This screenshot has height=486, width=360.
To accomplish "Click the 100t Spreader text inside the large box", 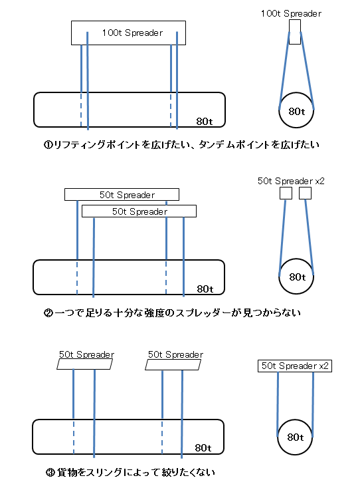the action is point(132,33).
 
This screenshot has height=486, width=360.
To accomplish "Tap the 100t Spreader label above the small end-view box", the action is point(291,14).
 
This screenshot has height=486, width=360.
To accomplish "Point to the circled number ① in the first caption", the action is point(48,145).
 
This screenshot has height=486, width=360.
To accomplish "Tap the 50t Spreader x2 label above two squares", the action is point(291,181).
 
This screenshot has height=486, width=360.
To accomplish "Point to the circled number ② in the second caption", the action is point(48,313).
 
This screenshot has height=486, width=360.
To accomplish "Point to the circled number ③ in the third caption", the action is point(50,473).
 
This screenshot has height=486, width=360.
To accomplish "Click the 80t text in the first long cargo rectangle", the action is point(205,121).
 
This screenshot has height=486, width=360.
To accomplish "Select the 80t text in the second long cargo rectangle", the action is point(205,289).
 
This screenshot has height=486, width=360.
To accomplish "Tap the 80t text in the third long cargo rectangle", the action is point(203,448).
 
